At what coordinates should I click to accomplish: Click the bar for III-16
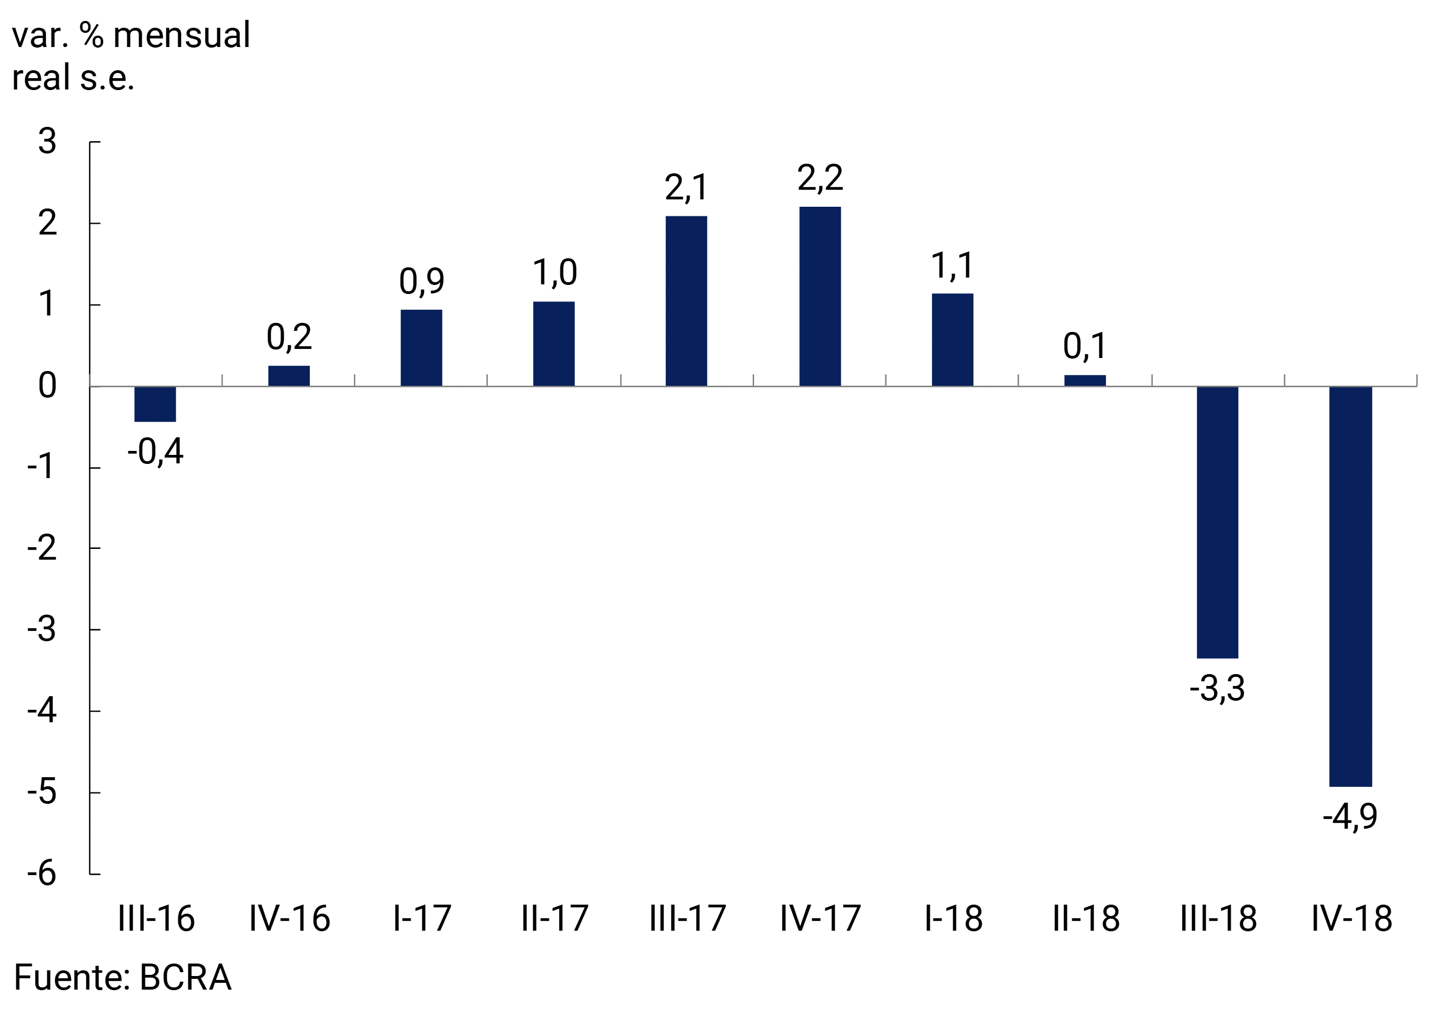click(155, 404)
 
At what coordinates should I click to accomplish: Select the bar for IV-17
click(820, 296)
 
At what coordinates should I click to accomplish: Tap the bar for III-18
click(1217, 522)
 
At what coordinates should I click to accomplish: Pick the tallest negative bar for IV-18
click(1351, 586)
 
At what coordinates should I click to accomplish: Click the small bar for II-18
click(1085, 380)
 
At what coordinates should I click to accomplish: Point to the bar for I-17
click(421, 348)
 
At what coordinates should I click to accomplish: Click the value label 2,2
click(820, 178)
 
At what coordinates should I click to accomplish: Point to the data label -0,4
click(155, 451)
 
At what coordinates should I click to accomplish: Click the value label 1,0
click(554, 273)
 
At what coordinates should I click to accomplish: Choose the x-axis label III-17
click(688, 919)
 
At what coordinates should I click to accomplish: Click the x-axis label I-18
click(953, 919)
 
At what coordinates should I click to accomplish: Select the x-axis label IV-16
click(289, 919)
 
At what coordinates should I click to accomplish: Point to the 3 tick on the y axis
click(48, 142)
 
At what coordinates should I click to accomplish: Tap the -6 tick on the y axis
click(42, 873)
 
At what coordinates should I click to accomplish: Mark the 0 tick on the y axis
click(48, 386)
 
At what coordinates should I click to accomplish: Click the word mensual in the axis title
click(181, 35)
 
